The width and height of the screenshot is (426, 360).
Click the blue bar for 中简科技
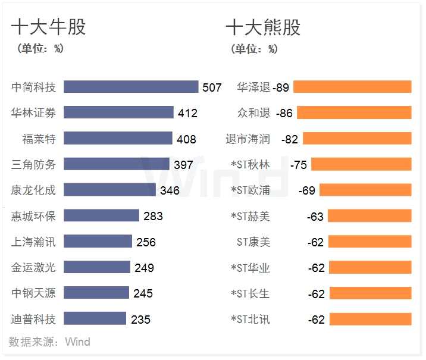(x=131, y=87)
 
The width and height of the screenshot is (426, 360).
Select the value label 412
(x=187, y=113)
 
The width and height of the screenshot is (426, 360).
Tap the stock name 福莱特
(x=39, y=139)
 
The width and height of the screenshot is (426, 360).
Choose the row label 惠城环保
(x=33, y=216)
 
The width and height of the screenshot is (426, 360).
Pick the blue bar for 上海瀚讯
(x=98, y=242)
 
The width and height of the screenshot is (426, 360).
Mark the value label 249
(x=144, y=268)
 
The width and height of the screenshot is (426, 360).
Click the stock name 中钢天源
(x=33, y=293)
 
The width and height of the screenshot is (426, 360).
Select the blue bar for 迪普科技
(x=95, y=319)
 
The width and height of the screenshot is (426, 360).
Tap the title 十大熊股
(x=263, y=27)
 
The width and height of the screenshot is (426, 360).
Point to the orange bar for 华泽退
(x=352, y=87)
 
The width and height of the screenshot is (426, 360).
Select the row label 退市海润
(x=248, y=139)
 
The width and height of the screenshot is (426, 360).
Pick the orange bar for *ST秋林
(x=361, y=164)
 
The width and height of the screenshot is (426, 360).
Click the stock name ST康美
(x=253, y=242)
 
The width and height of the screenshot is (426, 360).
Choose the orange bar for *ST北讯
(x=370, y=319)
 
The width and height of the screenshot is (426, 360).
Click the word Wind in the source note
(x=77, y=342)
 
